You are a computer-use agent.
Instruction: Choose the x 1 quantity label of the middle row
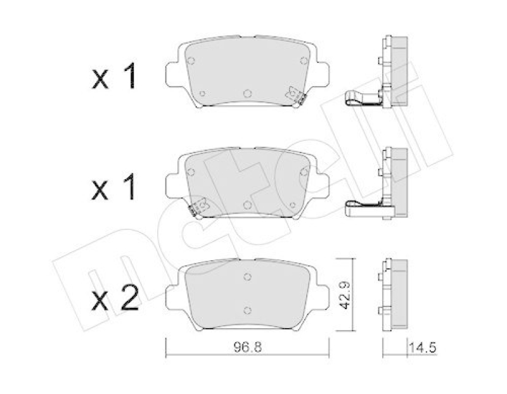[x=115, y=188]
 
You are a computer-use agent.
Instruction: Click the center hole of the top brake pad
[x=247, y=92]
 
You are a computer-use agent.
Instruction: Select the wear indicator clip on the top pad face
[x=295, y=94]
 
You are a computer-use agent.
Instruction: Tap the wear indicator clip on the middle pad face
[x=200, y=205]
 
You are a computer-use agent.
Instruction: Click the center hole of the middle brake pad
[x=247, y=203]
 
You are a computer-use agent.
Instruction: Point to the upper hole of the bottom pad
[x=247, y=276]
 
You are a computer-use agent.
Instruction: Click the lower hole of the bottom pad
[x=247, y=310]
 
